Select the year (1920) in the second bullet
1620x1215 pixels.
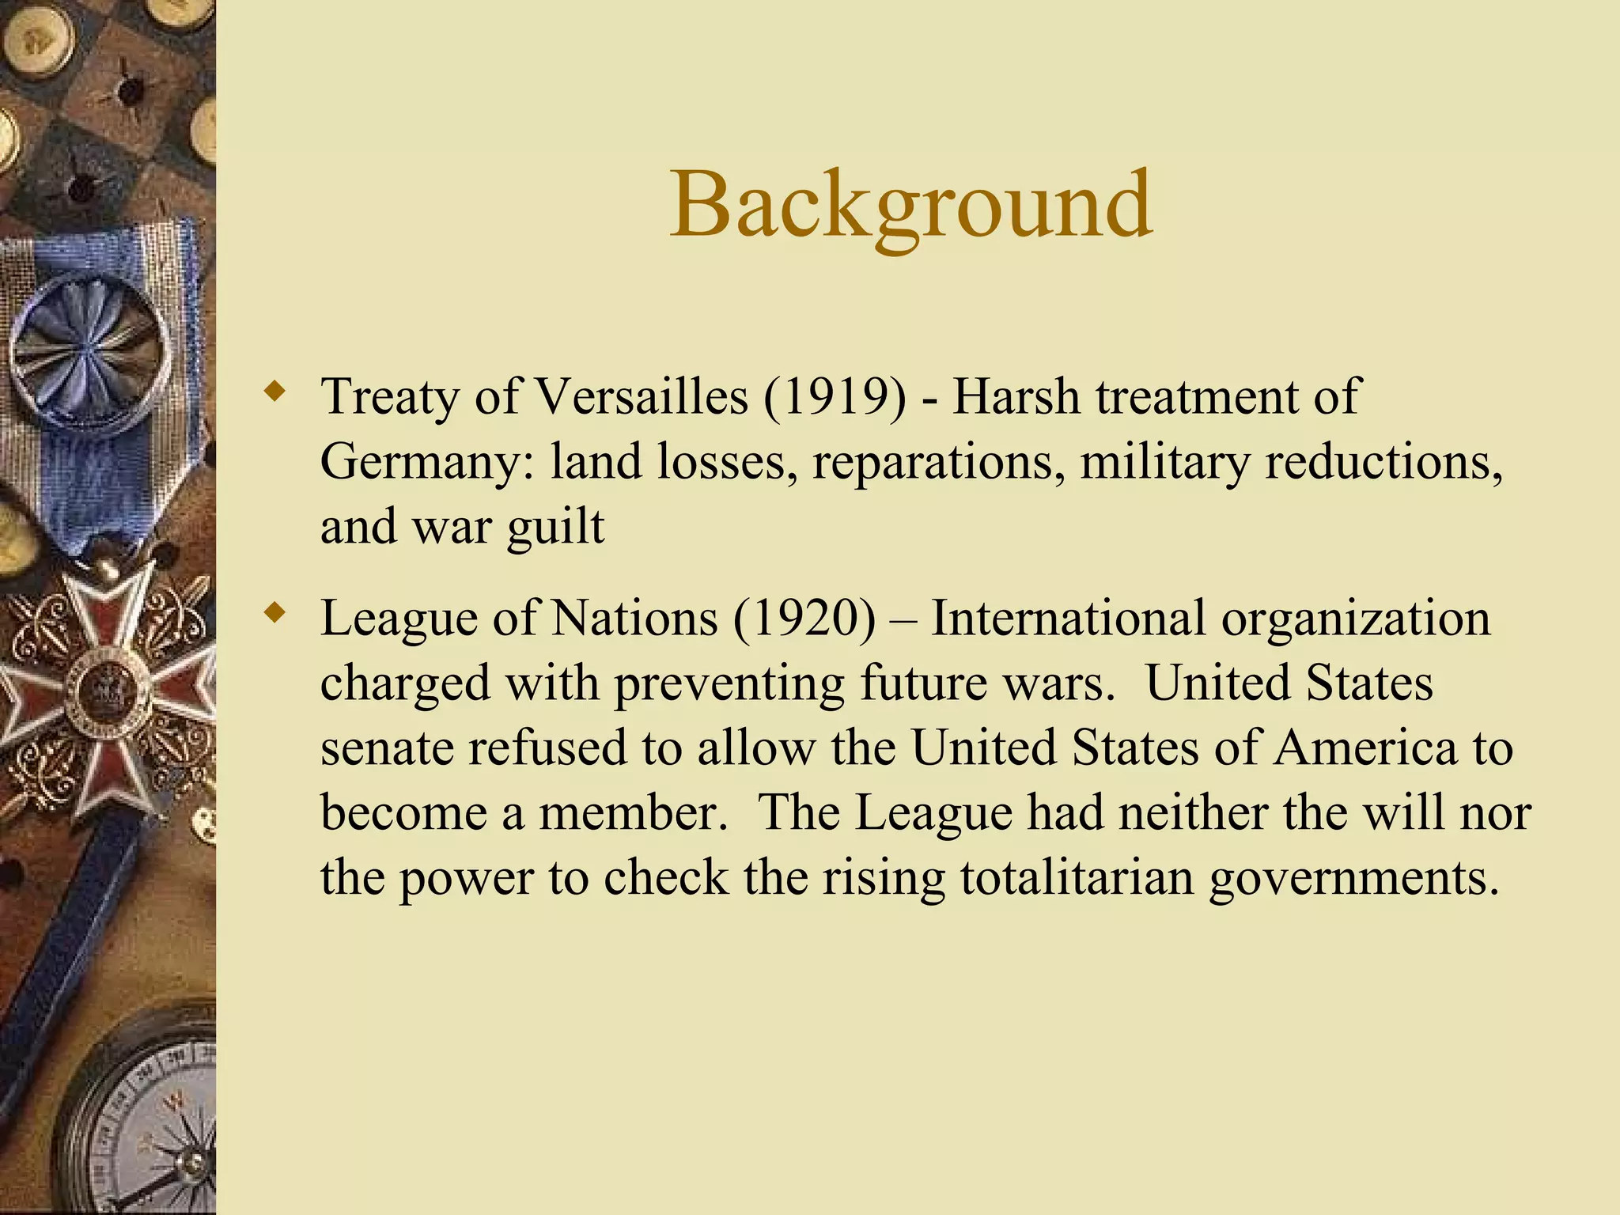click(x=804, y=618)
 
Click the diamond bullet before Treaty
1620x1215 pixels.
click(x=274, y=391)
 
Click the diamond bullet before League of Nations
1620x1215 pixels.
click(x=274, y=613)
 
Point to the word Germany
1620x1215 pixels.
click(x=427, y=463)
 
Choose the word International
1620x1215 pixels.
click(x=1068, y=618)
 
